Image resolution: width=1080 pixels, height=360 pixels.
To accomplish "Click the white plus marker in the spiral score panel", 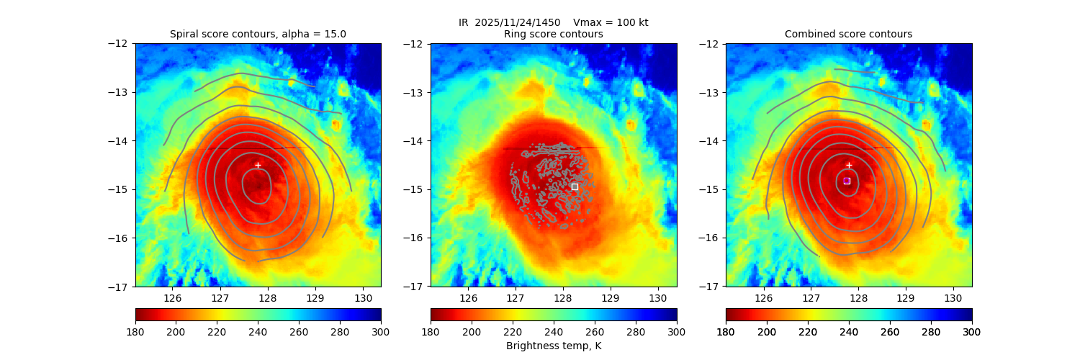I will [x=258, y=165].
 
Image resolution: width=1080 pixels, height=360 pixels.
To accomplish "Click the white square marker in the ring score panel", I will [x=575, y=186].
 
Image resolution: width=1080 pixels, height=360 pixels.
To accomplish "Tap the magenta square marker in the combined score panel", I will [x=847, y=181].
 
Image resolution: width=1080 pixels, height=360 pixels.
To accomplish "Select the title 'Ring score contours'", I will [x=553, y=34].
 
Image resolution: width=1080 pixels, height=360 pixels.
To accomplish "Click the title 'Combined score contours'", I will [x=848, y=34].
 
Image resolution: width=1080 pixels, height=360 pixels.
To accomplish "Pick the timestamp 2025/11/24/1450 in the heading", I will [x=518, y=22].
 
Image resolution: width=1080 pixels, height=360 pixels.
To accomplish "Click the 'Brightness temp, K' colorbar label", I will [x=553, y=346].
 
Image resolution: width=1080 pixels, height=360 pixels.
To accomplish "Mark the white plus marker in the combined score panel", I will [x=848, y=165].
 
